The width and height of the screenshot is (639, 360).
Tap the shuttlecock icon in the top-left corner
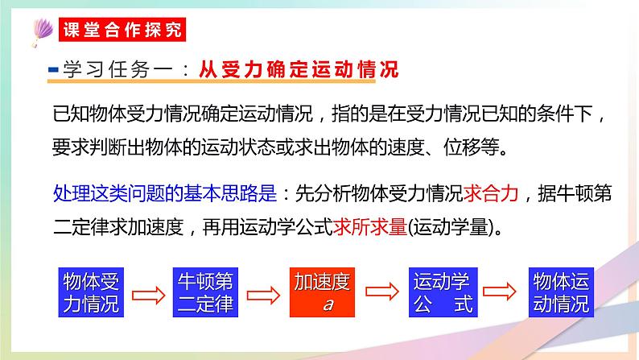point(40,29)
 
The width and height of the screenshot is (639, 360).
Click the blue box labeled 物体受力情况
point(91,292)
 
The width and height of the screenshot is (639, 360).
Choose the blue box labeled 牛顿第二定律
point(205,292)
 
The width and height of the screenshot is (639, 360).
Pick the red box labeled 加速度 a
point(322,292)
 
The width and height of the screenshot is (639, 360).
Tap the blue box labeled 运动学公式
point(439,292)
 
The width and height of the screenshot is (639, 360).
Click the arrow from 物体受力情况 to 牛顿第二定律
point(148,293)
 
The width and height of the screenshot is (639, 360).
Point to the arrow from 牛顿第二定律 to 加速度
point(263,293)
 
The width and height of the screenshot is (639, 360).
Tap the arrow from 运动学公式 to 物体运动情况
point(499,293)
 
